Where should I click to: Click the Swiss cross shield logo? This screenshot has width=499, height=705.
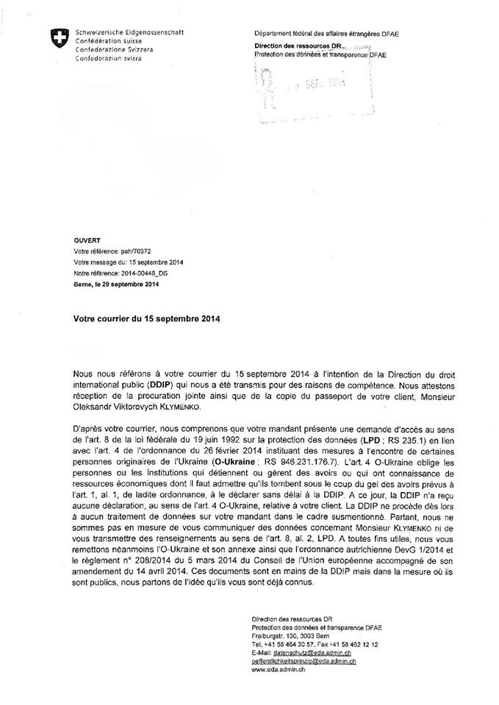click(x=54, y=39)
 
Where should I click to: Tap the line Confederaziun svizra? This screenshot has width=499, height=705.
click(x=107, y=57)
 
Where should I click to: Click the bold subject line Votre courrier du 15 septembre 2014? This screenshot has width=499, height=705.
click(x=146, y=319)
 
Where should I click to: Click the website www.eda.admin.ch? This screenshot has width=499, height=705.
click(x=279, y=670)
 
